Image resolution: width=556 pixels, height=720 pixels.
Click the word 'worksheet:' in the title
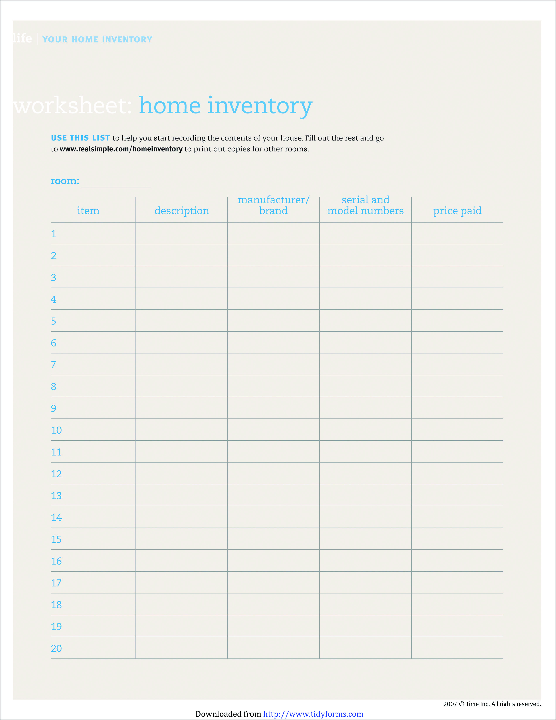(x=72, y=106)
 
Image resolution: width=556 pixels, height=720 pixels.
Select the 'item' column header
(x=88, y=211)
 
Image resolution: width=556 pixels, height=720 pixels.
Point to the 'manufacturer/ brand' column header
(x=273, y=205)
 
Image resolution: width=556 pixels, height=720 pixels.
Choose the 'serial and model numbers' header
(x=365, y=205)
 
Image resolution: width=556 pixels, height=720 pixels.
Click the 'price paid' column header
(x=457, y=211)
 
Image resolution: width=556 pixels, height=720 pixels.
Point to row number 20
(x=56, y=648)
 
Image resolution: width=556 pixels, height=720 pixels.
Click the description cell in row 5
(x=181, y=321)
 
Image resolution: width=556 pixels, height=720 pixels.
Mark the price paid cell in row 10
(x=457, y=430)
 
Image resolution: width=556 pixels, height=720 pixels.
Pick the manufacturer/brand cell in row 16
(x=273, y=561)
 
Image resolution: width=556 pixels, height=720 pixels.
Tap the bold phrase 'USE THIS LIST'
(x=80, y=138)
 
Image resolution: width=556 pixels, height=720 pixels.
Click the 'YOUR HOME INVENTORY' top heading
(x=97, y=39)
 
